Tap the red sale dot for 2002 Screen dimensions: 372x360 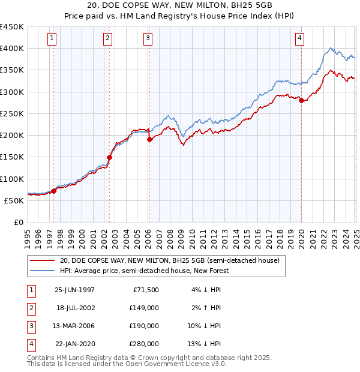pyautogui.click(x=110, y=158)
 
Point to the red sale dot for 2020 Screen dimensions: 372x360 pyautogui.click(x=301, y=101)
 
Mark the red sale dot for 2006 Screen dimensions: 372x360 pyautogui.click(x=149, y=140)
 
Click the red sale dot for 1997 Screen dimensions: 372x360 pyautogui.click(x=54, y=191)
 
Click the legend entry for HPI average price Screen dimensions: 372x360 pyautogui.click(x=144, y=271)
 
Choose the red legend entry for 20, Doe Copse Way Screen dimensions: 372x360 pyautogui.click(x=169, y=261)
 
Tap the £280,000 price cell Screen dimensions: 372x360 pyautogui.click(x=144, y=344)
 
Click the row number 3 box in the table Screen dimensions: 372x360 pyautogui.click(x=30, y=326)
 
